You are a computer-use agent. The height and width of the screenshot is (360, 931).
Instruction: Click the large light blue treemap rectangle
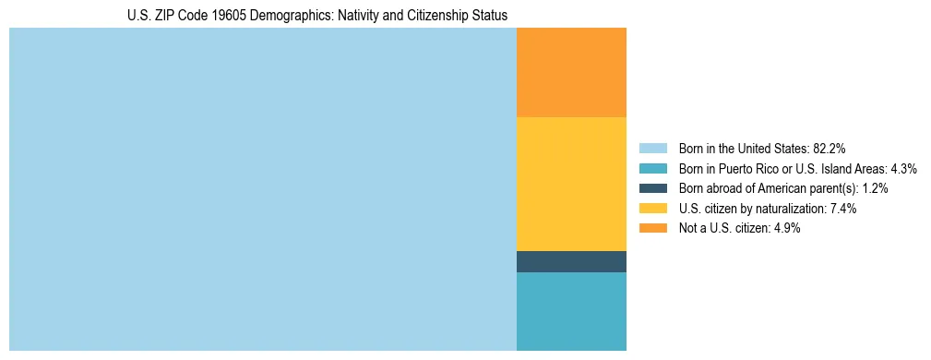262,189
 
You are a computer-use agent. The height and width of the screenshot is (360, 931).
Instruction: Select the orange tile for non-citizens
571,73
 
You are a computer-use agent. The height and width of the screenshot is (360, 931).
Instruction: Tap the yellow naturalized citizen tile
571,184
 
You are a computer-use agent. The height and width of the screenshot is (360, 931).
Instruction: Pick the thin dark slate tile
571,261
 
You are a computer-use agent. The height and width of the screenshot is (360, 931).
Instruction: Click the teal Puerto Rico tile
571,311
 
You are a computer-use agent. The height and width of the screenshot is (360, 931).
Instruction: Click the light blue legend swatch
652,148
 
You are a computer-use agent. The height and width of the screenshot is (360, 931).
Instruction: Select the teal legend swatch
652,168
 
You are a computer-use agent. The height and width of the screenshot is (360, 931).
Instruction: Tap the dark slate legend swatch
652,188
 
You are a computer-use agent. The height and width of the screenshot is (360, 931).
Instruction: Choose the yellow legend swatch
652,209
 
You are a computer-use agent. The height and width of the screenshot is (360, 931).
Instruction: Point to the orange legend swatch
652,228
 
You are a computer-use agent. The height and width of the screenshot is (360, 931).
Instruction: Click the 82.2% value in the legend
830,148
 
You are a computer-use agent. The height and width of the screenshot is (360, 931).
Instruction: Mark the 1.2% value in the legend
873,188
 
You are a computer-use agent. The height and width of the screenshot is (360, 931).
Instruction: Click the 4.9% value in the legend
784,228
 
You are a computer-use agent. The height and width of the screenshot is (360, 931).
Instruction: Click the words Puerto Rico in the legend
747,168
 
